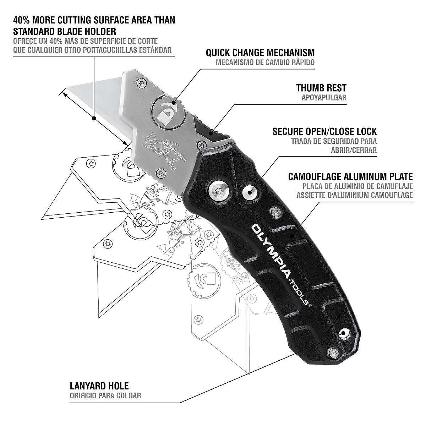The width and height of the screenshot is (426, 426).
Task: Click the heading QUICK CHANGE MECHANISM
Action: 260,53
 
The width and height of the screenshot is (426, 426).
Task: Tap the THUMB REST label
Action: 321,88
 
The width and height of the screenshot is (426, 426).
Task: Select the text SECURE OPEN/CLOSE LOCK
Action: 324,131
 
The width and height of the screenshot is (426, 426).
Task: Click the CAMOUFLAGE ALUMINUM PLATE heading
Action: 350,176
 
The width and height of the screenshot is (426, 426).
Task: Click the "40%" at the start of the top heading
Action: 23,20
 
